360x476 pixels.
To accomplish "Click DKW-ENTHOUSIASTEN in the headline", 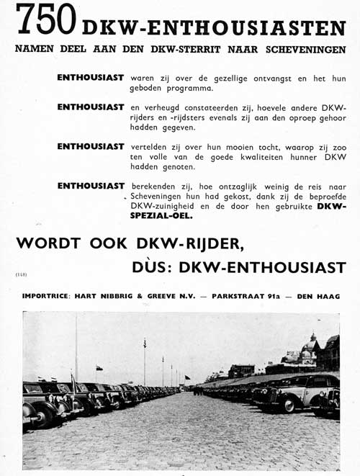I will pyautogui.click(x=213, y=28).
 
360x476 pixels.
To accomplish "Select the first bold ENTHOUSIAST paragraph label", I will pyautogui.click(x=91, y=76).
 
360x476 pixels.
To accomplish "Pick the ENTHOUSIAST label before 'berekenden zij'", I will pyautogui.click(x=91, y=185).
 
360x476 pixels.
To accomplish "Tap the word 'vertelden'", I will pyautogui.click(x=151, y=146).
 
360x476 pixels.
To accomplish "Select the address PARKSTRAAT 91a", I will pyautogui.click(x=246, y=297).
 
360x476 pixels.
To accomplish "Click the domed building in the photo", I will pyautogui.click(x=311, y=353).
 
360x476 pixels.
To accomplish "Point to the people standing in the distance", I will pyautogui.click(x=197, y=391).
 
